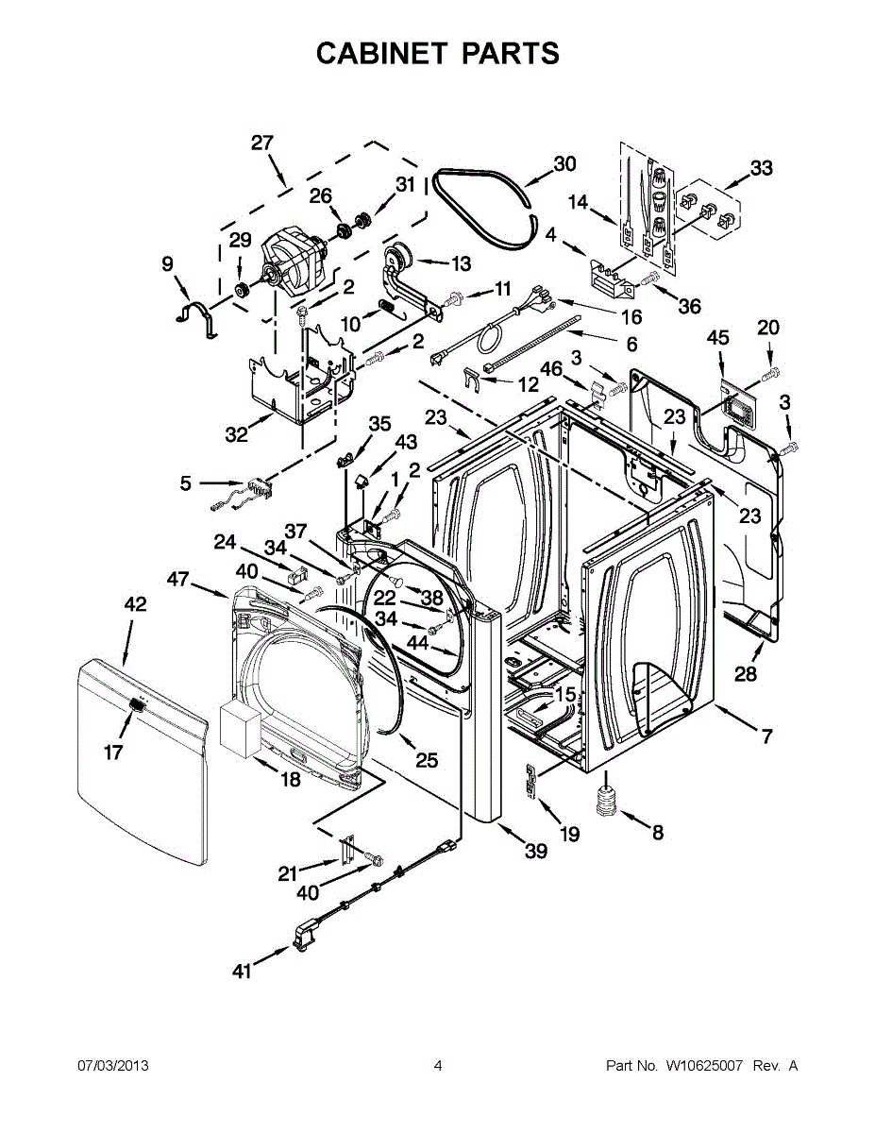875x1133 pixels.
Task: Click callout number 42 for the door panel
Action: click(x=136, y=604)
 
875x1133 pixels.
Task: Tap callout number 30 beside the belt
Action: click(x=564, y=163)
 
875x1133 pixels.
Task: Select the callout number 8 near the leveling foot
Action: click(x=658, y=832)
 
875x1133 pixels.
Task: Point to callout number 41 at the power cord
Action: click(x=243, y=970)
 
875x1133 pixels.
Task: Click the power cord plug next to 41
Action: click(x=304, y=936)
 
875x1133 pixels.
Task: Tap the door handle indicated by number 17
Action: click(x=136, y=705)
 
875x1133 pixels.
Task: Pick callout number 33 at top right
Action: click(x=761, y=168)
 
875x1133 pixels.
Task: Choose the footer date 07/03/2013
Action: click(x=113, y=1066)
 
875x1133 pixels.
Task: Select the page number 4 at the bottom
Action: click(x=438, y=1066)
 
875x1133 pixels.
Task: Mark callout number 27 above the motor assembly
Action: click(x=261, y=143)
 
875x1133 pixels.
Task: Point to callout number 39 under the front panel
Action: click(x=535, y=851)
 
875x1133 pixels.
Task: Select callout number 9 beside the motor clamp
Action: click(x=168, y=263)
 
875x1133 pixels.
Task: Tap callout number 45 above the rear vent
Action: click(x=718, y=337)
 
